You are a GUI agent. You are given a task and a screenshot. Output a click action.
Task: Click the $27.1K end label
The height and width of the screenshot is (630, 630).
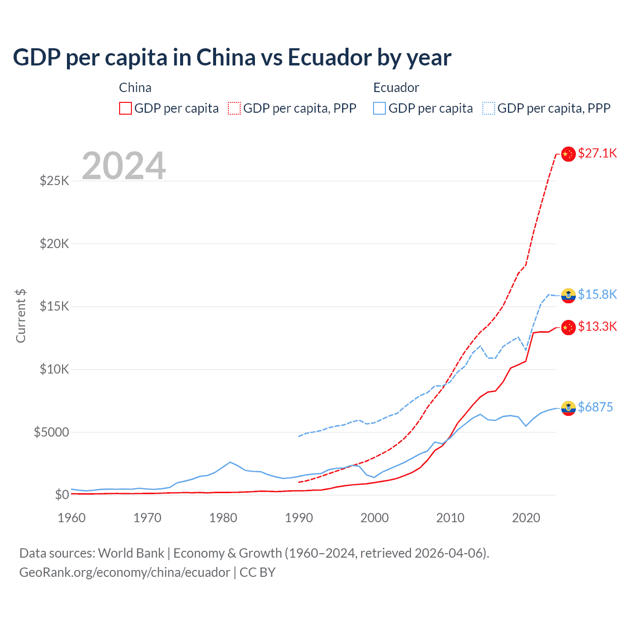point(597,154)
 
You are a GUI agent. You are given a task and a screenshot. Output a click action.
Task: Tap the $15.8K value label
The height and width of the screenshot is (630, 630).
point(597,294)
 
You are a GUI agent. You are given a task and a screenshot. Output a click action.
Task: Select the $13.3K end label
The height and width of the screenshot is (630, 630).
point(597,327)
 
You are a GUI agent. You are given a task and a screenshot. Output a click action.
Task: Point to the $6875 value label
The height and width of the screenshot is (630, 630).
point(595,408)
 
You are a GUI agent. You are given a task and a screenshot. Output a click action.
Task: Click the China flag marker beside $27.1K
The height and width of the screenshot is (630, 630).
point(568,154)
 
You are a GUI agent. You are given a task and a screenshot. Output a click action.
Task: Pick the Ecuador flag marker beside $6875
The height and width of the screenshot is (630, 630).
point(568,408)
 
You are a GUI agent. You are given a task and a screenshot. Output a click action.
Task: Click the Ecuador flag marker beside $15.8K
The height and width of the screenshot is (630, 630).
point(568,295)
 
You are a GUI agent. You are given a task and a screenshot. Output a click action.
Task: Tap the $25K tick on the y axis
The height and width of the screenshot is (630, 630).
point(54,181)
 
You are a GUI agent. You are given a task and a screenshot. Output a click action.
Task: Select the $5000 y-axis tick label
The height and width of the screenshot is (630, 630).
point(51,432)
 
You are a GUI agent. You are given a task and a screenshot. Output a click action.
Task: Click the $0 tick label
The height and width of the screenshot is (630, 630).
point(62,495)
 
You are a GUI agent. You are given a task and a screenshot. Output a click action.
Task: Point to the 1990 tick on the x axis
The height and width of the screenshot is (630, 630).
point(299,518)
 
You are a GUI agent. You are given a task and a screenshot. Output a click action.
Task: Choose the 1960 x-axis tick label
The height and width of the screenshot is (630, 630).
point(72,518)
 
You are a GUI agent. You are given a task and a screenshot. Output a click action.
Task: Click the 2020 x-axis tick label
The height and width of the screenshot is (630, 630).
point(526,518)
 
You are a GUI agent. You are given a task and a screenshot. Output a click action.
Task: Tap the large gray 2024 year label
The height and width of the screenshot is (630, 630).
point(124,166)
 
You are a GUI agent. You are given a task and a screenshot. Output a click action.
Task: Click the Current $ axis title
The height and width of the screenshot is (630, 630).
point(21,316)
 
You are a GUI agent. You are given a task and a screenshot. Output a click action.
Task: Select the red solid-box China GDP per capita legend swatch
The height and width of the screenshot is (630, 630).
point(126,108)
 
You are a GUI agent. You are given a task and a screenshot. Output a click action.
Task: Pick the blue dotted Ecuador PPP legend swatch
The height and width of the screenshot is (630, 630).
point(489,108)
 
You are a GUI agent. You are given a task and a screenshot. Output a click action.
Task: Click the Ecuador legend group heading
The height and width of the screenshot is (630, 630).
point(396,88)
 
